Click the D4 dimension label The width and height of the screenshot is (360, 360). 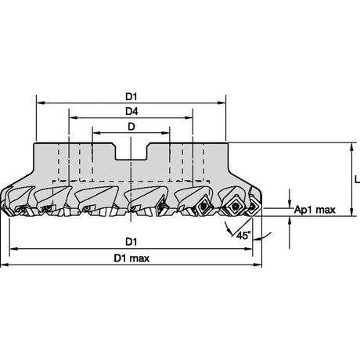click(131, 111)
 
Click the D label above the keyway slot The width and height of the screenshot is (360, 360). click(131, 127)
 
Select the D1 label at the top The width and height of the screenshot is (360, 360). click(131, 97)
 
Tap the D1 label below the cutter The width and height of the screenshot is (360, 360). click(131, 242)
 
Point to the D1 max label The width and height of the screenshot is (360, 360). click(131, 258)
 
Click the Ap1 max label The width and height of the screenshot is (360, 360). click(315, 210)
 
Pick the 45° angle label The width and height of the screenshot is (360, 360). click(243, 236)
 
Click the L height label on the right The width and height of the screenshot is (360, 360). click(357, 179)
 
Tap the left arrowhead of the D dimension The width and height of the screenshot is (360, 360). click(97, 133)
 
